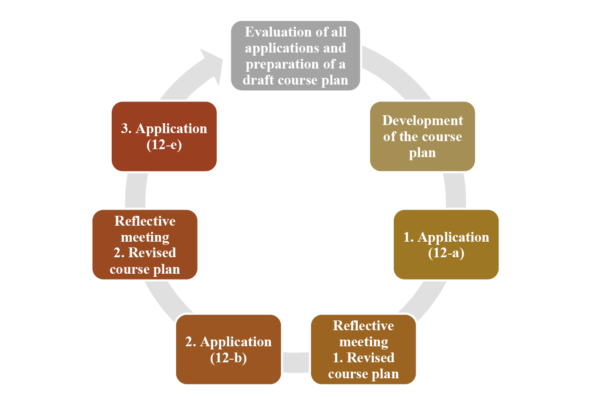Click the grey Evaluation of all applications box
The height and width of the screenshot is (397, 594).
click(295, 56)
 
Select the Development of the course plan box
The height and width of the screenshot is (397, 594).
click(422, 136)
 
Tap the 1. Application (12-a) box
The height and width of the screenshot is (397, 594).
click(446, 244)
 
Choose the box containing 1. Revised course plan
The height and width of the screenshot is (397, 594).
click(363, 349)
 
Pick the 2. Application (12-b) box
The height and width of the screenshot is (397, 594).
click(228, 349)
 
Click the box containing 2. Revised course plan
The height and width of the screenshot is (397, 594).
click(145, 244)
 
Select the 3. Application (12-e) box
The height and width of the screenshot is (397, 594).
click(164, 136)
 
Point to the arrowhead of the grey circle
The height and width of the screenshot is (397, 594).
click(212, 62)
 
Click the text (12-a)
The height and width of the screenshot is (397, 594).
click(446, 253)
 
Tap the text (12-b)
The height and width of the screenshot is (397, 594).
click(228, 357)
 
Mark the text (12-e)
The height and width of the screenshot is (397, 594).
click(164, 145)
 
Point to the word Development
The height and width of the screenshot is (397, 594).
click(422, 121)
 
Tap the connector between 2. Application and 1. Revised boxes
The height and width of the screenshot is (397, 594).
click(296, 362)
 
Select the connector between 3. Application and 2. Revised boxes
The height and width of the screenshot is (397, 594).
click(135, 190)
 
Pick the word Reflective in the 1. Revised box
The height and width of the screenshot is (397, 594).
click(363, 326)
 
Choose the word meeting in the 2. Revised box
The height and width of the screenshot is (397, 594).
click(145, 237)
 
